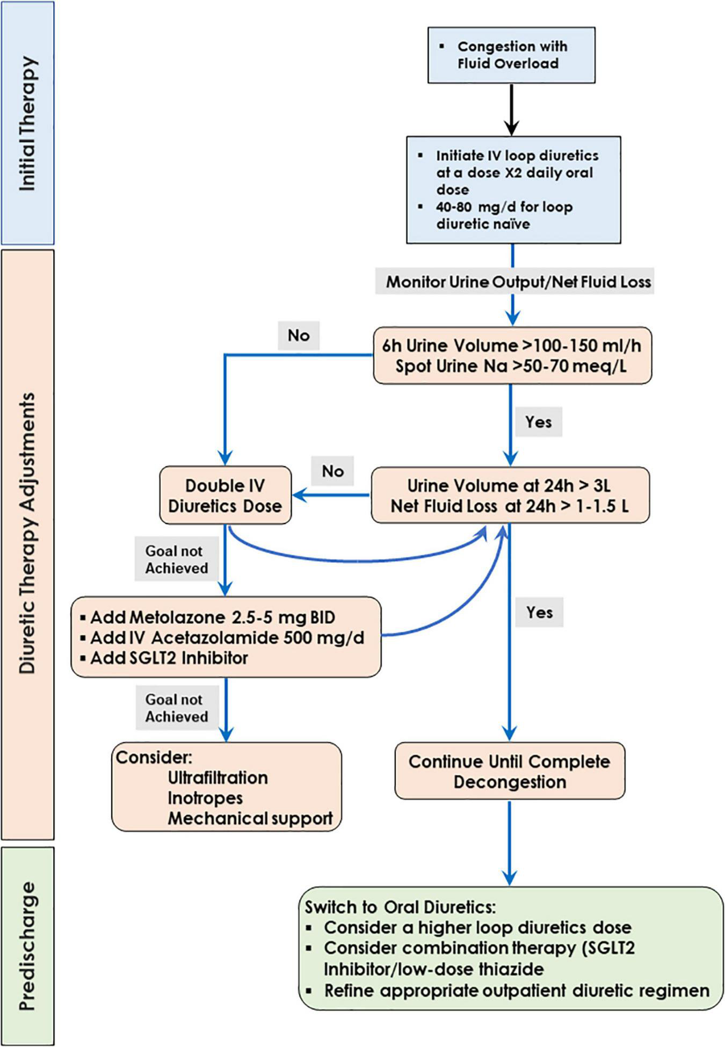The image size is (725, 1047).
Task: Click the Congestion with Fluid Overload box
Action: click(x=511, y=55)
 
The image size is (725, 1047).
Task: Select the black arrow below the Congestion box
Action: click(x=512, y=110)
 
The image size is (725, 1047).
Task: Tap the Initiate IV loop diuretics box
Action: click(x=513, y=190)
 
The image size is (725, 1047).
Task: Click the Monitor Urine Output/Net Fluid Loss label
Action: click(x=518, y=282)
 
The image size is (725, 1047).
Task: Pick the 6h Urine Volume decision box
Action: click(x=512, y=355)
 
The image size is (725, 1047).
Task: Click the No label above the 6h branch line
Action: click(x=299, y=336)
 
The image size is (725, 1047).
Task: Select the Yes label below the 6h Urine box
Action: click(x=538, y=422)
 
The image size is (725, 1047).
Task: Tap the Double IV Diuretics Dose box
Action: click(x=225, y=495)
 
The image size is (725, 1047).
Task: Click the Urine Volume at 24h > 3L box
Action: click(x=510, y=495)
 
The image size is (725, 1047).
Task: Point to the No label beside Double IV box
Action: click(x=333, y=471)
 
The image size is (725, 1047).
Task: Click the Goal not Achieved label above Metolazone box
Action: click(x=176, y=559)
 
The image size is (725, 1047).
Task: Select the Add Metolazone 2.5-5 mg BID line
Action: click(x=213, y=617)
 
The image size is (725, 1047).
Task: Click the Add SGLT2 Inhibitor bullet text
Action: click(x=169, y=658)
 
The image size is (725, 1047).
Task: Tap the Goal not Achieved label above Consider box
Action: click(x=176, y=708)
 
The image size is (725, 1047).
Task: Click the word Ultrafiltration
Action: click(x=218, y=778)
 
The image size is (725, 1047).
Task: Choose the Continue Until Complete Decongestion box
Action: click(x=509, y=772)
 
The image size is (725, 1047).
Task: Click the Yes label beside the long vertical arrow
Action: click(x=539, y=613)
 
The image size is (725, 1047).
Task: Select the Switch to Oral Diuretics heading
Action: click(x=400, y=907)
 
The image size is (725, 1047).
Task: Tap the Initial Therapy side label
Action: click(x=28, y=123)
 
